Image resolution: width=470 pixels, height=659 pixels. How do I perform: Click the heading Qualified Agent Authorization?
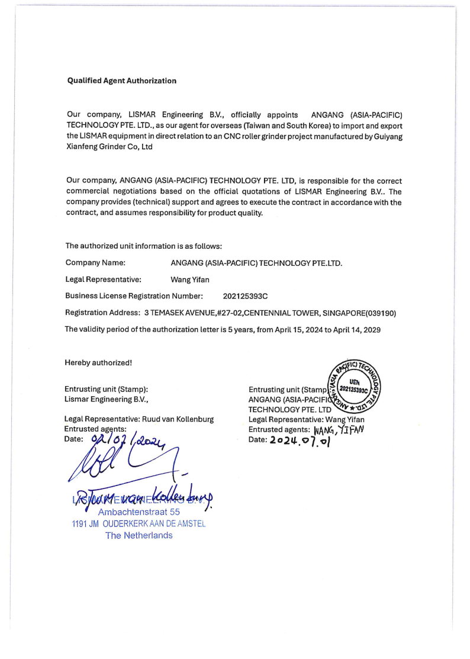[121, 81]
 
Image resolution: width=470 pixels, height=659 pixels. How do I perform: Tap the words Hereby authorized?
[98, 362]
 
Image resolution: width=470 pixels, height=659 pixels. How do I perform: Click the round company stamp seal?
[350, 387]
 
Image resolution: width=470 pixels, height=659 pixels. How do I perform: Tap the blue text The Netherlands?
[139, 535]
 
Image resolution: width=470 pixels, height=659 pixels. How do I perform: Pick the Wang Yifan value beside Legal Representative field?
[189, 279]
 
